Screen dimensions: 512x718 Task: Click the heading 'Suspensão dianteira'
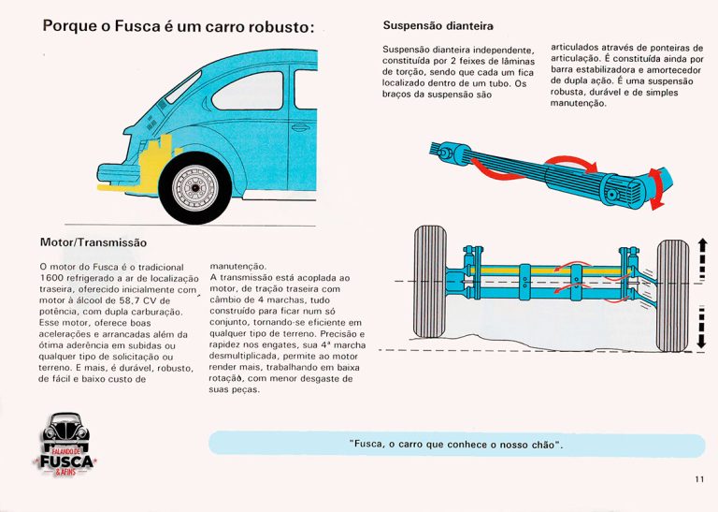438,25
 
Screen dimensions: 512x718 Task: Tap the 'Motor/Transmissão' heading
93,241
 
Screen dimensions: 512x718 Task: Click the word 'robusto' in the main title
272,26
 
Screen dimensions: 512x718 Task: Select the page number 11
699,479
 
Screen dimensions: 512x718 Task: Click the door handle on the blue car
300,125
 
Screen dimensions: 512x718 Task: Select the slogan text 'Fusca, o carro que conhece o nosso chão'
455,444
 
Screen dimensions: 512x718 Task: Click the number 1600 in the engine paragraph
54,279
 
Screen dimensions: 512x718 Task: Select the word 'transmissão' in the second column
254,279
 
